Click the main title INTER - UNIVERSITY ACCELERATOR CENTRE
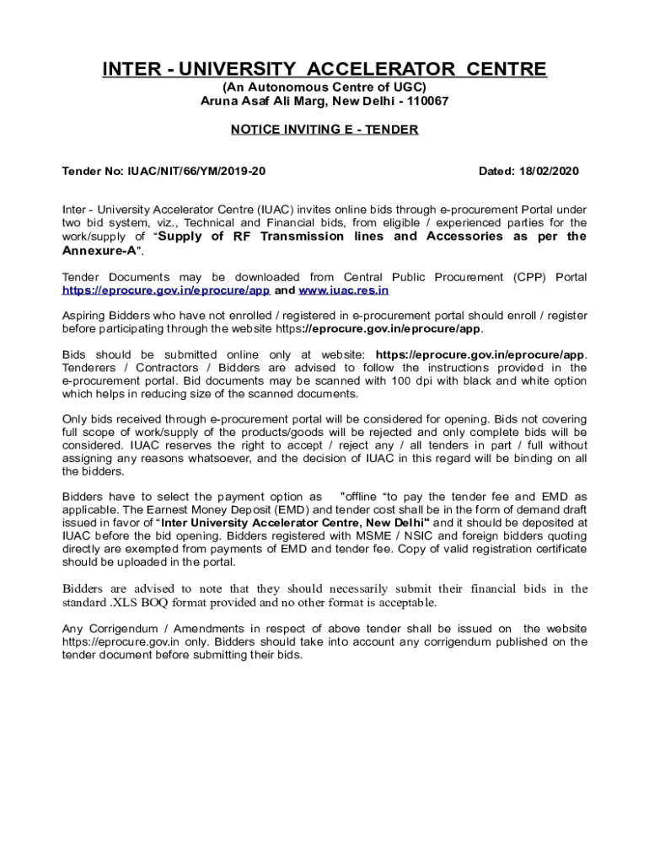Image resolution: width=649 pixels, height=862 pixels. tap(324, 69)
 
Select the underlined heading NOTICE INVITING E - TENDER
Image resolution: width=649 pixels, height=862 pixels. tap(324, 130)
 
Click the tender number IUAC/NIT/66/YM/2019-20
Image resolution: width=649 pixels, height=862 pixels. tap(197, 171)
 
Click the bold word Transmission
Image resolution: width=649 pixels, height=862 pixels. tap(302, 237)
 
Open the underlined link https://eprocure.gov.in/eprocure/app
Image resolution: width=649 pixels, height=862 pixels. tap(166, 290)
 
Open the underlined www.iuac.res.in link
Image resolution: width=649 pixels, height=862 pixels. tap(344, 290)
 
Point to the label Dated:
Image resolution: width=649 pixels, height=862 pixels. tap(496, 171)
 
